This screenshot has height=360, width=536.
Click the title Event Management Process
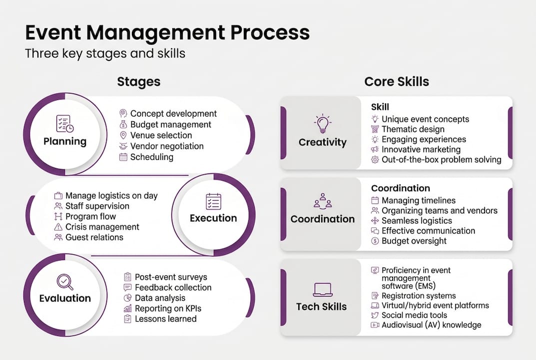(167, 33)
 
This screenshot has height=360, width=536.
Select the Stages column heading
(139, 81)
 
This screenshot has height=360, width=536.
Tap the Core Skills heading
(397, 81)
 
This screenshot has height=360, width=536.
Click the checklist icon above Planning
(65, 123)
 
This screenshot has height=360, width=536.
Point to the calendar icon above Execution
(213, 201)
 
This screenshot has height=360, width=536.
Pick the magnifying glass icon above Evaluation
(65, 281)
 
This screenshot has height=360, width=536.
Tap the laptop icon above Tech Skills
(322, 289)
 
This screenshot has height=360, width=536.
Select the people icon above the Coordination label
(322, 200)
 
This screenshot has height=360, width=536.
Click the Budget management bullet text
(170, 124)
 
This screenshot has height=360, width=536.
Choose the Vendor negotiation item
(167, 146)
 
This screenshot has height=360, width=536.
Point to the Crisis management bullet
(102, 227)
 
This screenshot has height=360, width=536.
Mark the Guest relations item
(94, 237)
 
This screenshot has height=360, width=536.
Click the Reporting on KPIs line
(168, 308)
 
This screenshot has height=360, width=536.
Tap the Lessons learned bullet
(165, 319)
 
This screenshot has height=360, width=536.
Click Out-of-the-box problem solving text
(441, 160)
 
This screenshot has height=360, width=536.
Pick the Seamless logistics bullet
(417, 220)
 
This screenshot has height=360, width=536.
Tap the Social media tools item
(414, 315)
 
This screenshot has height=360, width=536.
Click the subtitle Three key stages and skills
(105, 53)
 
